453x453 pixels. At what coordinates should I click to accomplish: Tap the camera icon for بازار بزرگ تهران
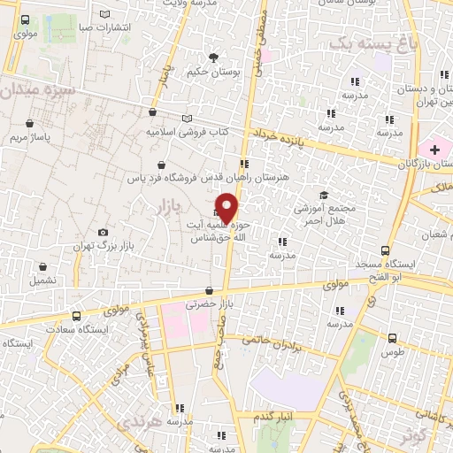tap(104, 232)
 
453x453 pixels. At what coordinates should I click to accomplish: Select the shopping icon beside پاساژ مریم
tap(32, 123)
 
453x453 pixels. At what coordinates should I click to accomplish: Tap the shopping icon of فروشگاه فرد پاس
tap(160, 165)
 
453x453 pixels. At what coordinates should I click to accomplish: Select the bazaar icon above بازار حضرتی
tap(209, 290)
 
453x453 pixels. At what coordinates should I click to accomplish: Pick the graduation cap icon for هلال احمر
tap(323, 195)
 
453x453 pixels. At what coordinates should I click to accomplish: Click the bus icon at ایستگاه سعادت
tap(76, 316)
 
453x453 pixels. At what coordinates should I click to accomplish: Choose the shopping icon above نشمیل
tap(42, 265)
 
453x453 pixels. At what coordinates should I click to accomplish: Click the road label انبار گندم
tap(275, 416)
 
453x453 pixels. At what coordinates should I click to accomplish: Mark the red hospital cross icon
tap(434, 150)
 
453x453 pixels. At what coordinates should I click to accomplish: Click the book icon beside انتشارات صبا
tap(106, 14)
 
